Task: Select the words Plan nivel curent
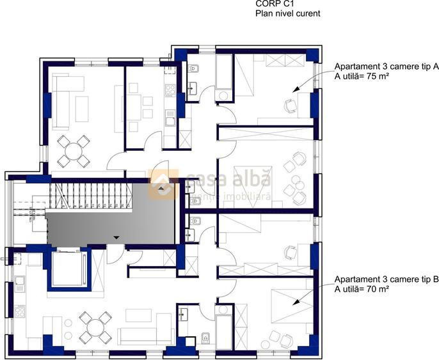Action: click(x=287, y=13)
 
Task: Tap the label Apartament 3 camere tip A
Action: click(x=387, y=66)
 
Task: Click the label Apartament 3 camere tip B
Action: click(x=387, y=280)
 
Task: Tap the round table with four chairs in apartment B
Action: click(x=94, y=326)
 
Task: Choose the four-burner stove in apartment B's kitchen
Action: click(x=19, y=312)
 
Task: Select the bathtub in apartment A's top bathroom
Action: click(x=224, y=72)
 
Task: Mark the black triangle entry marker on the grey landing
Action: click(x=115, y=238)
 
